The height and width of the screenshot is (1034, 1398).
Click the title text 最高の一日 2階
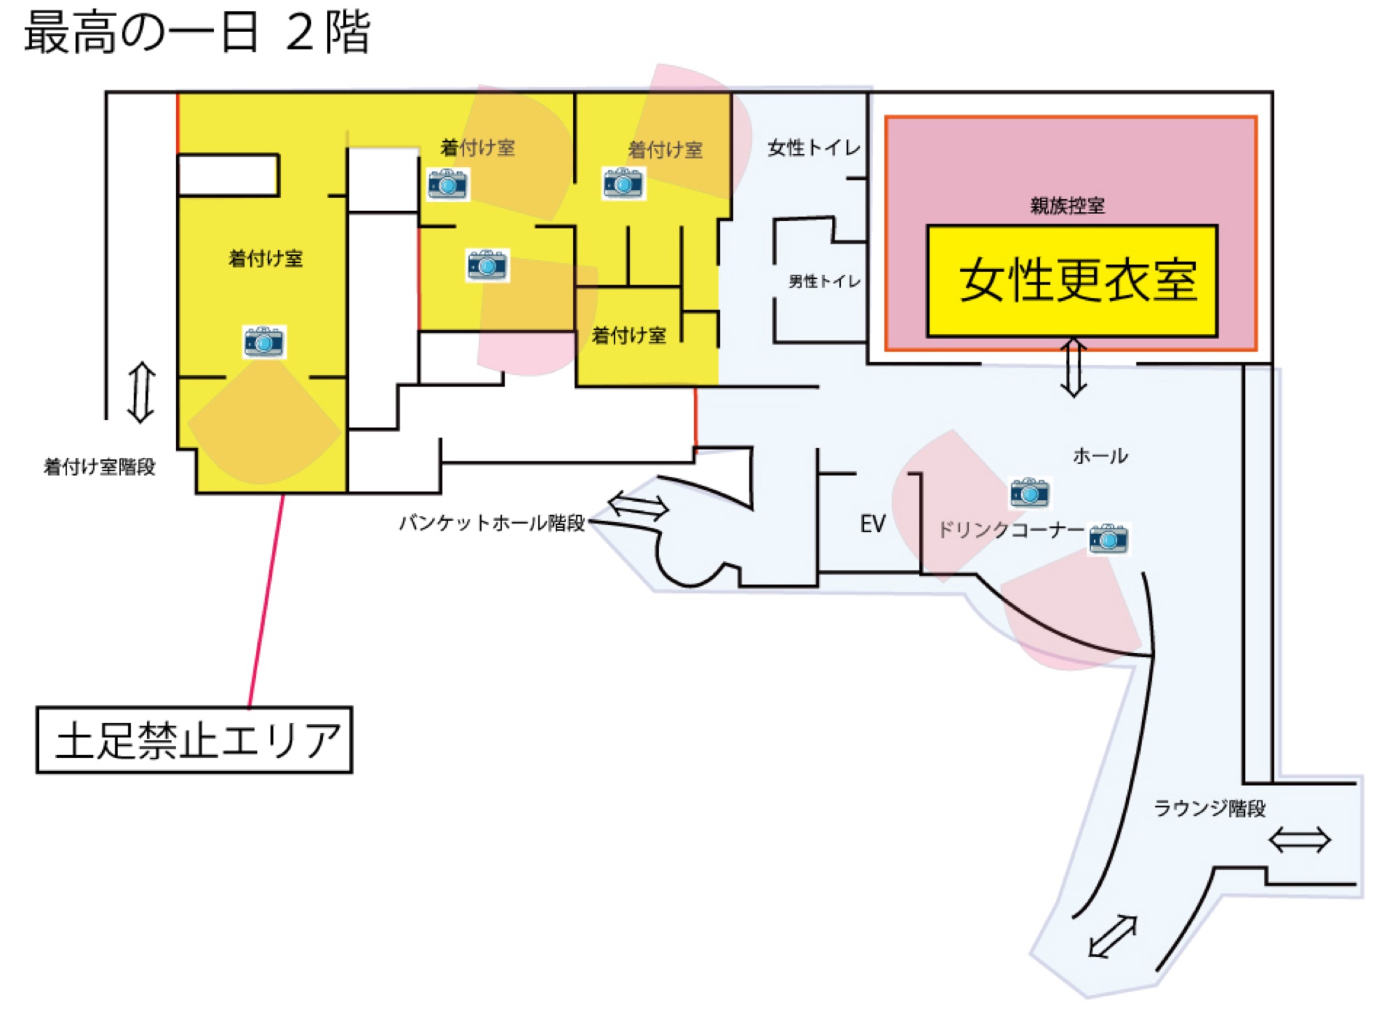[197, 33]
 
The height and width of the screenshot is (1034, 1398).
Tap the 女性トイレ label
[814, 148]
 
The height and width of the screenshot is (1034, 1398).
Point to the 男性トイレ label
[824, 281]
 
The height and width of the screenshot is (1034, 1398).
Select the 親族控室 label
[1067, 206]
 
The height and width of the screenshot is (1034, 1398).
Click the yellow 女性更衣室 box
[1072, 281]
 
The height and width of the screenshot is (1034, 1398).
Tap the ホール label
[1100, 456]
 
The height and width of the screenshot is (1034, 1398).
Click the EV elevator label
[872, 524]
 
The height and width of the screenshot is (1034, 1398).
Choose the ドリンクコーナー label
[1011, 530]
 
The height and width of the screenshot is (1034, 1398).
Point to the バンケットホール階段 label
[492, 523]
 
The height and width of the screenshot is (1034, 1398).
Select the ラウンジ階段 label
[1209, 808]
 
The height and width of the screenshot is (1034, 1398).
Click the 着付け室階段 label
[99, 466]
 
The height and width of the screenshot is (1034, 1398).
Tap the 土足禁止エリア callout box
[194, 740]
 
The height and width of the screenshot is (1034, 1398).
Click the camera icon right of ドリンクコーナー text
[1109, 539]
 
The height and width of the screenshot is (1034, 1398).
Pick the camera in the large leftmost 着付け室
[264, 342]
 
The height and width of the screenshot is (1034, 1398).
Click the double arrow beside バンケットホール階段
[638, 505]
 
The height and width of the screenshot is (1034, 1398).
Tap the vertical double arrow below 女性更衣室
[1074, 368]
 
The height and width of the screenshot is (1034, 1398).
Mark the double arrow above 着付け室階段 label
[141, 392]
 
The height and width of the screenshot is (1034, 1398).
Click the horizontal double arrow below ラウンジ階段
[1299, 840]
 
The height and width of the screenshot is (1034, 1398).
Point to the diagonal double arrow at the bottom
[1113, 936]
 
